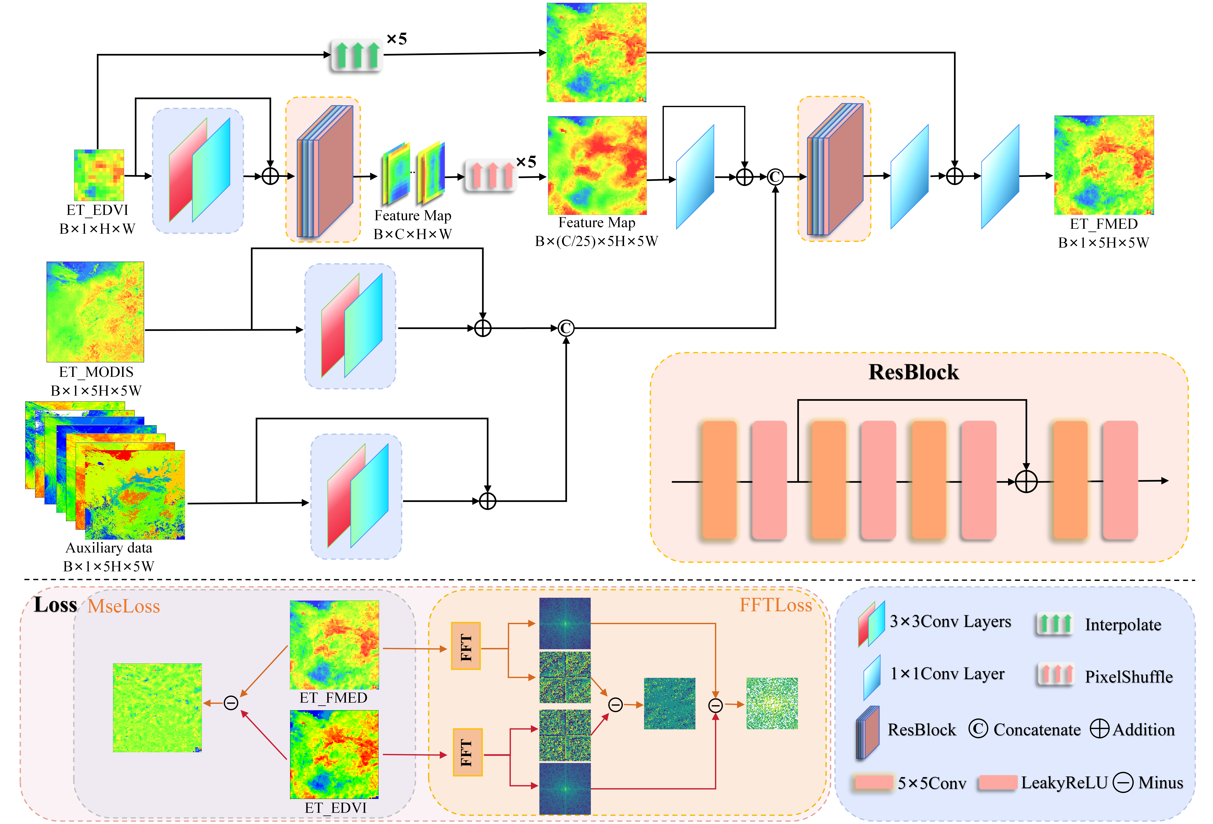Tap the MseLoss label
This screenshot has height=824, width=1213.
point(124,606)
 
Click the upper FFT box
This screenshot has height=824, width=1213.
point(466,646)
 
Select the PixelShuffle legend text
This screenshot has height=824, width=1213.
point(1129,677)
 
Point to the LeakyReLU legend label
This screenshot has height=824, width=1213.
point(1064,783)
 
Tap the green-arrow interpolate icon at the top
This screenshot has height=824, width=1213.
point(357,55)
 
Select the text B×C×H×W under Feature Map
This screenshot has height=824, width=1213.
point(412,234)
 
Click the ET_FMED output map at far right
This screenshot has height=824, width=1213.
point(1103,165)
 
